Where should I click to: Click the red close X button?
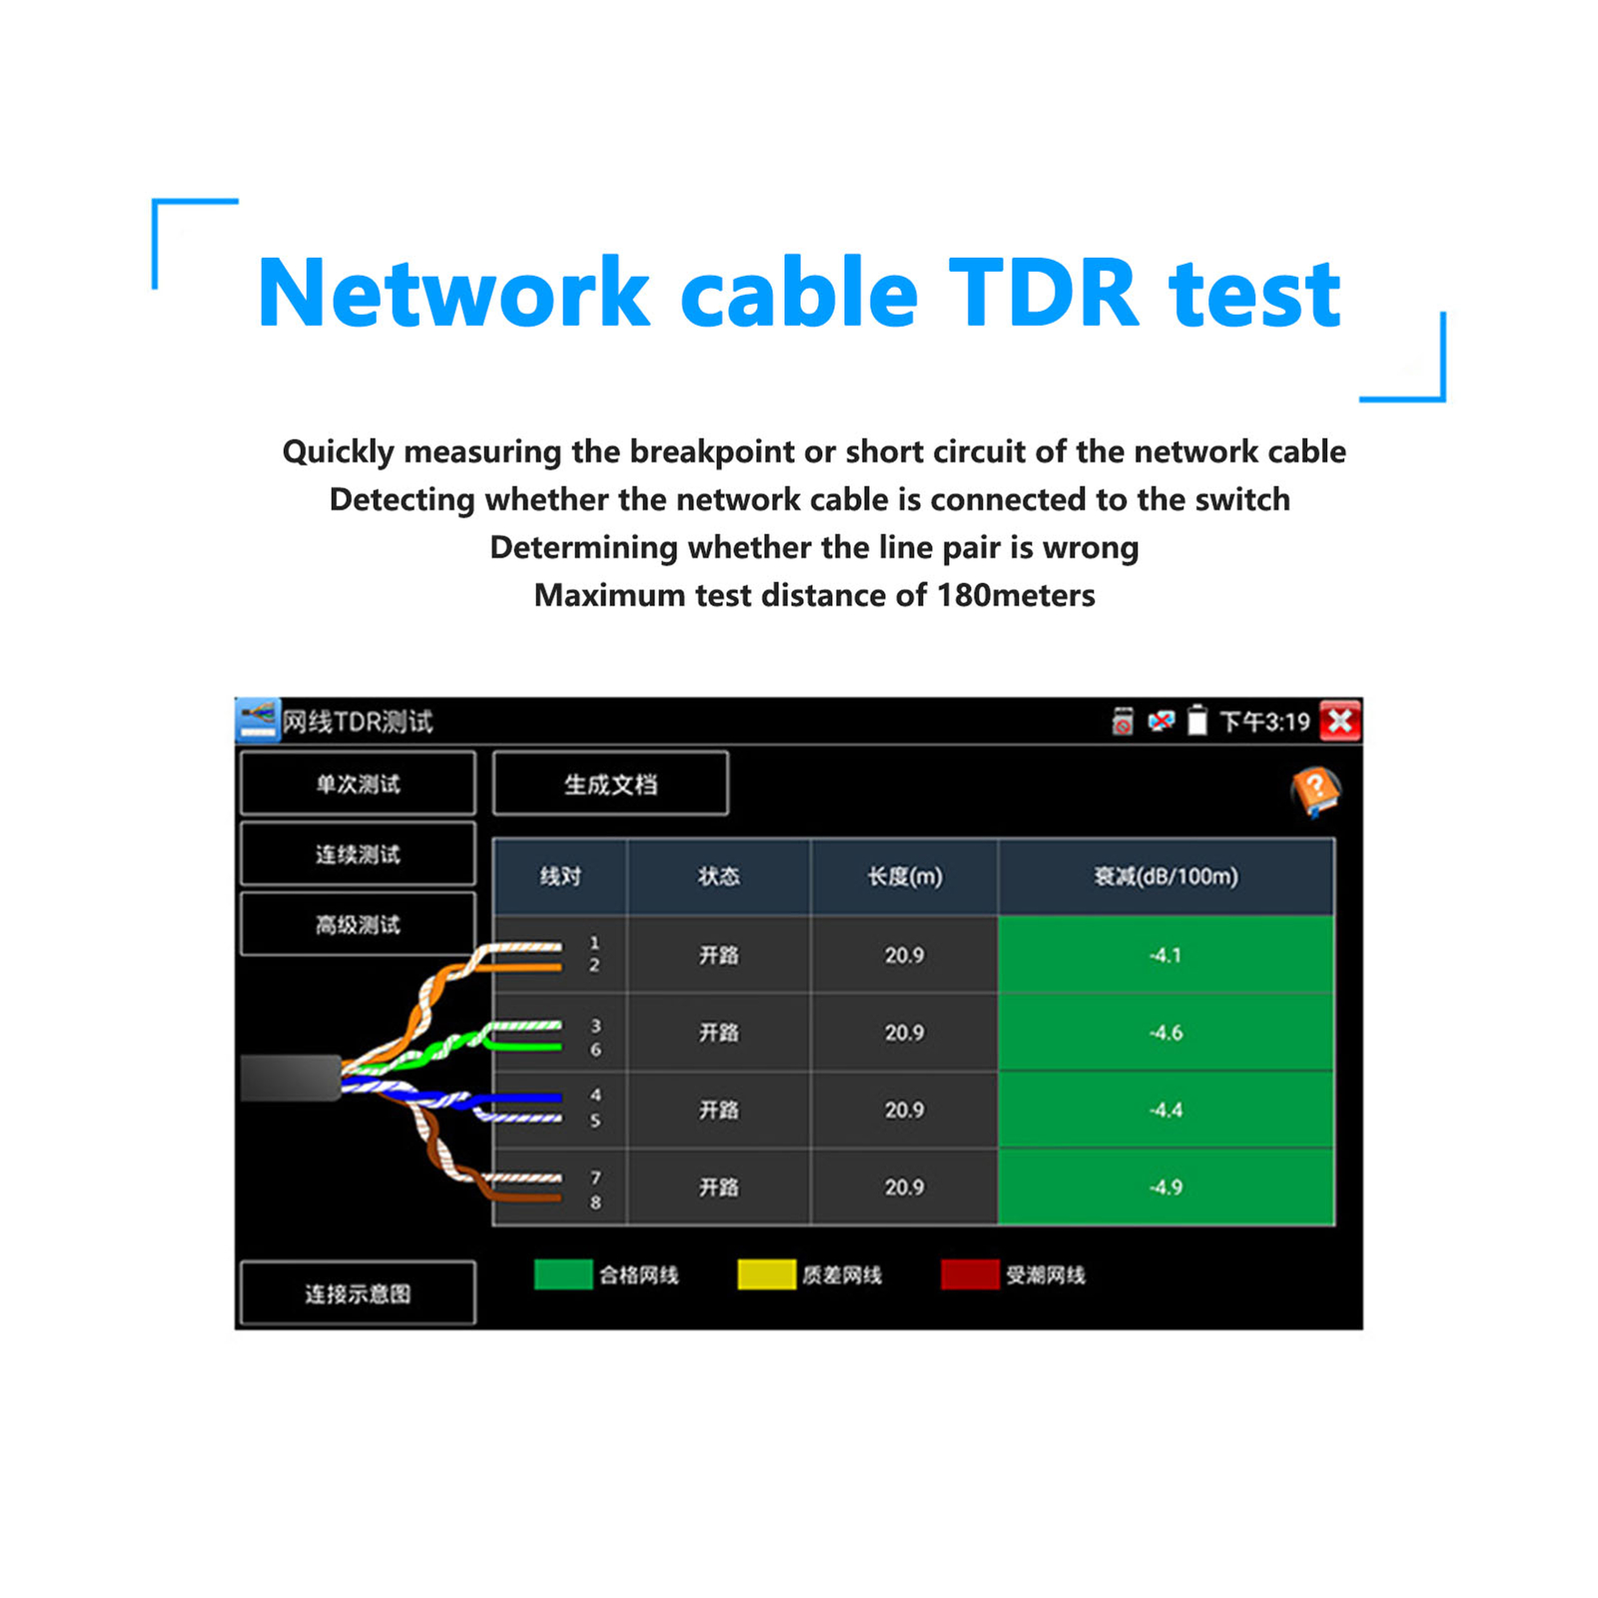1339,721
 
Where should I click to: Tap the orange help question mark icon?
1314,791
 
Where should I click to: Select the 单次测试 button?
358,784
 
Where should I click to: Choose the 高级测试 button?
358,925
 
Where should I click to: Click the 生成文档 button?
610,784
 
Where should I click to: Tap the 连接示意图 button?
358,1293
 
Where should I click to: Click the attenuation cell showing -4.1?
1165,955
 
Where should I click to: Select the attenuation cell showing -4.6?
1165,1033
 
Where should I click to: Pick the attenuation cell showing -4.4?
1165,1110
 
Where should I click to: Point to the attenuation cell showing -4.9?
1165,1187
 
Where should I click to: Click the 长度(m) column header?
904,877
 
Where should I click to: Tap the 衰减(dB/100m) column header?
1165,877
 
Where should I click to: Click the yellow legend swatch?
766,1274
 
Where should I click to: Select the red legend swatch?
969,1274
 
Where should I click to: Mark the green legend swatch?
563,1274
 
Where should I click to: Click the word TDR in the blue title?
1043,293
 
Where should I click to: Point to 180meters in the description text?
1016,595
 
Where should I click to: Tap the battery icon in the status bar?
1197,720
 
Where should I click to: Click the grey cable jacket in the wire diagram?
290,1078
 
